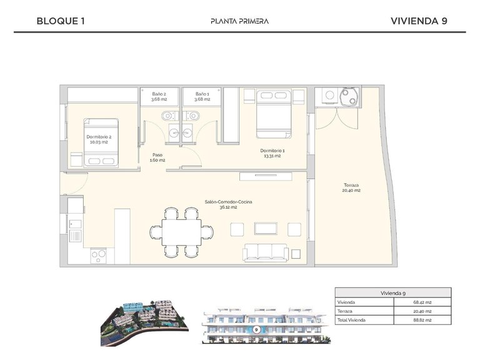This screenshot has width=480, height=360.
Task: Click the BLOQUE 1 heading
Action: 61,21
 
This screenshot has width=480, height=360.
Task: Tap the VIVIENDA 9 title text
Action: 419,21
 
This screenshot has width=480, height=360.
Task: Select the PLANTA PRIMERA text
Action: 241,21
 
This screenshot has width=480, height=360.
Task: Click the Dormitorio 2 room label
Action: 97,139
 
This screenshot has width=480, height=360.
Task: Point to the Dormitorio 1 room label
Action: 272,153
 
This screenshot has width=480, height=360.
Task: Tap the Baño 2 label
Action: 159,96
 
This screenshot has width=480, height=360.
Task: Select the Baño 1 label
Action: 202,96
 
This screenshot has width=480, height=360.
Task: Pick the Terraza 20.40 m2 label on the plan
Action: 351,187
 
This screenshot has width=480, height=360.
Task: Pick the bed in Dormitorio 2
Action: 102,142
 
